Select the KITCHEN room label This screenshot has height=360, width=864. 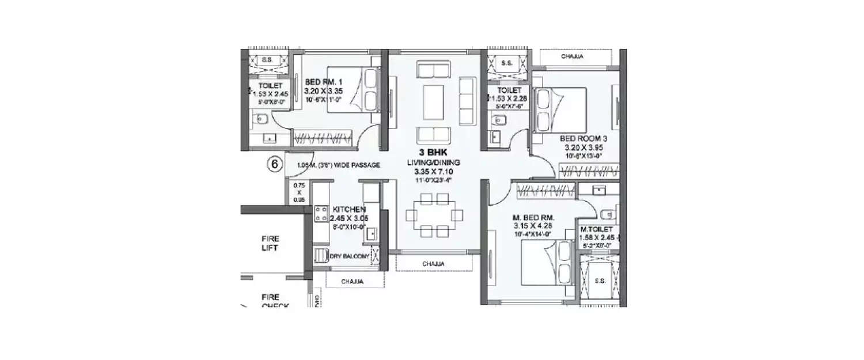(346, 209)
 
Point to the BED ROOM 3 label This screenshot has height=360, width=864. (583, 139)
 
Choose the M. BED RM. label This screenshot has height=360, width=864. (533, 218)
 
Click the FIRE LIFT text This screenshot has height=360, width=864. (270, 242)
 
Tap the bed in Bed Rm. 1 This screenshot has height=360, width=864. (353, 89)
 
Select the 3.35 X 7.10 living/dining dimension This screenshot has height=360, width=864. (434, 172)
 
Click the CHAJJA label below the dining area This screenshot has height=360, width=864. (434, 264)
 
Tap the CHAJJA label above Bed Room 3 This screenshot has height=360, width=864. (573, 56)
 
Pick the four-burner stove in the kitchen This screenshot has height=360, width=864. (321, 215)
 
